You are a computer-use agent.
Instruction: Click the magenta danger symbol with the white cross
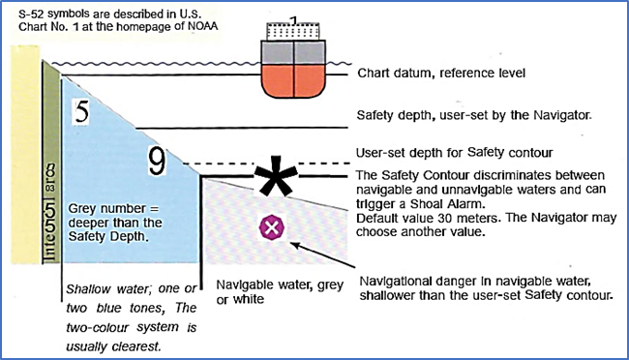pos(272,227)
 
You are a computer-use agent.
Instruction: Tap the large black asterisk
pos(276,176)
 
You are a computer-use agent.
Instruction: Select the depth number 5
pos(82,111)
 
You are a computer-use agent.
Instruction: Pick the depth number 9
pos(157,162)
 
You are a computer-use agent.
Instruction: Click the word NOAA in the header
pos(203,26)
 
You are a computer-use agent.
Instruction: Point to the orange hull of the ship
pos(293,81)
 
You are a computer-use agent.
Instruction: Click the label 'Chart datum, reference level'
pos(441,73)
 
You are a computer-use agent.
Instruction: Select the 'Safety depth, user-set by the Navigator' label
pos(474,115)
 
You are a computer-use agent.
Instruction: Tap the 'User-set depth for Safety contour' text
pos(455,153)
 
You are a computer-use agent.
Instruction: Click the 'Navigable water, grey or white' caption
pos(280,291)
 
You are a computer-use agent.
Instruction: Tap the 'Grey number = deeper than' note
pos(115,216)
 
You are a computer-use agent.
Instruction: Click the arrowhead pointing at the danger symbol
pos(296,245)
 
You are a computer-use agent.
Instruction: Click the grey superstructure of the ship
pos(293,52)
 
